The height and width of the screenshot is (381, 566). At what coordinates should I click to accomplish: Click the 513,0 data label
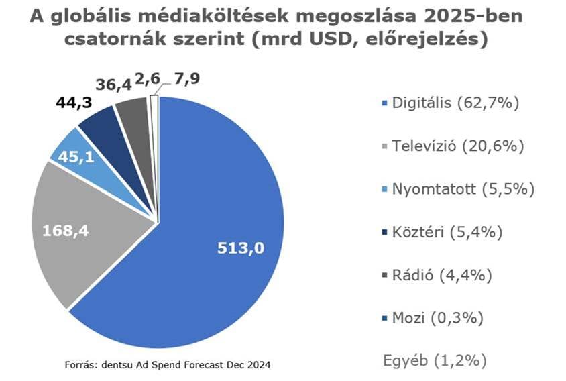241,248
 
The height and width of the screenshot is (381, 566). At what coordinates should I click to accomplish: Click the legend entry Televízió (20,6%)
458,146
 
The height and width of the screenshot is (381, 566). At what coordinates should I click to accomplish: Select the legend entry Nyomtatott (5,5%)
463,189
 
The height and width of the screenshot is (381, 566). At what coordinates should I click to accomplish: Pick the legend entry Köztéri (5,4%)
447,232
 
